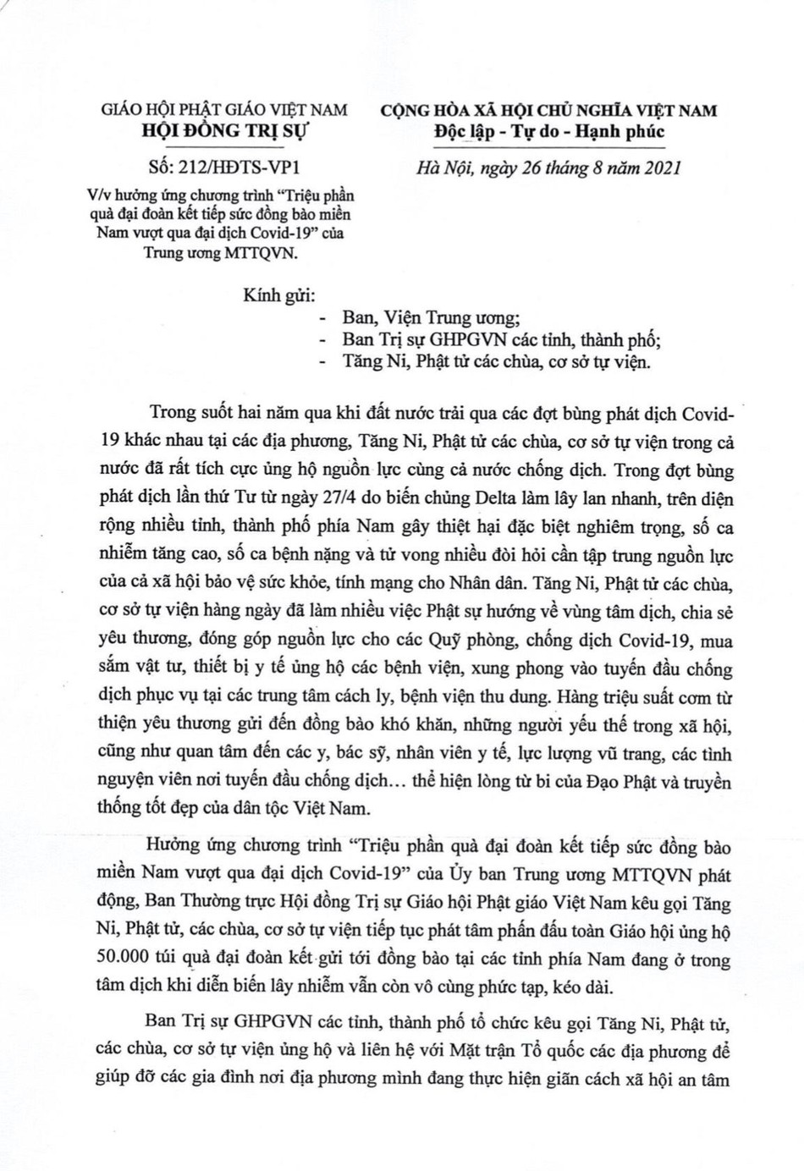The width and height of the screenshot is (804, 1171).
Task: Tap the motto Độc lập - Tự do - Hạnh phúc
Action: pos(548,131)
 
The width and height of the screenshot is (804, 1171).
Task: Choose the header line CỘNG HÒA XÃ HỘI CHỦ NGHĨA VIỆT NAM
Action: pos(548,111)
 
